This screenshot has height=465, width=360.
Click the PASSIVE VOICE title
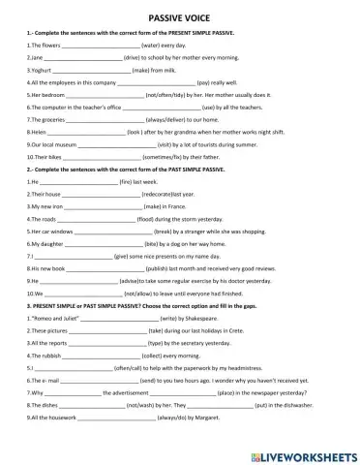[x=180, y=17]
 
